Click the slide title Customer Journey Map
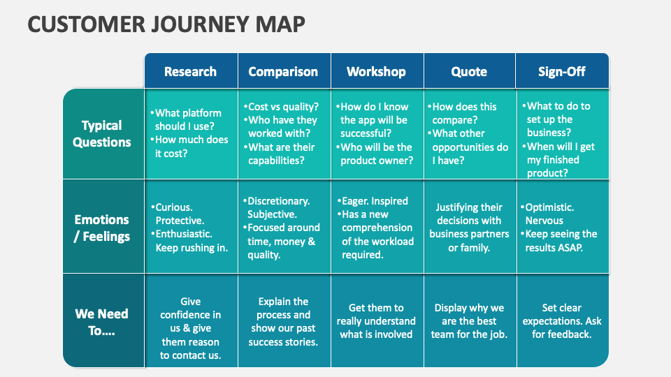(166, 24)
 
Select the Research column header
(190, 71)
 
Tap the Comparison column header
(283, 71)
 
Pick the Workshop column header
(376, 71)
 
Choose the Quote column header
(469, 71)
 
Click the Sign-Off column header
(562, 71)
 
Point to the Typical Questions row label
(102, 133)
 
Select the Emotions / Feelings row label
(102, 228)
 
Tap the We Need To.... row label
(102, 322)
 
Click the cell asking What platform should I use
(190, 133)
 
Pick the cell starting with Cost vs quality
(283, 133)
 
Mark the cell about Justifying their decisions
(469, 227)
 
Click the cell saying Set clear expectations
(562, 320)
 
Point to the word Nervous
(544, 221)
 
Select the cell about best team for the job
(469, 320)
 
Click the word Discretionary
(280, 201)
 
